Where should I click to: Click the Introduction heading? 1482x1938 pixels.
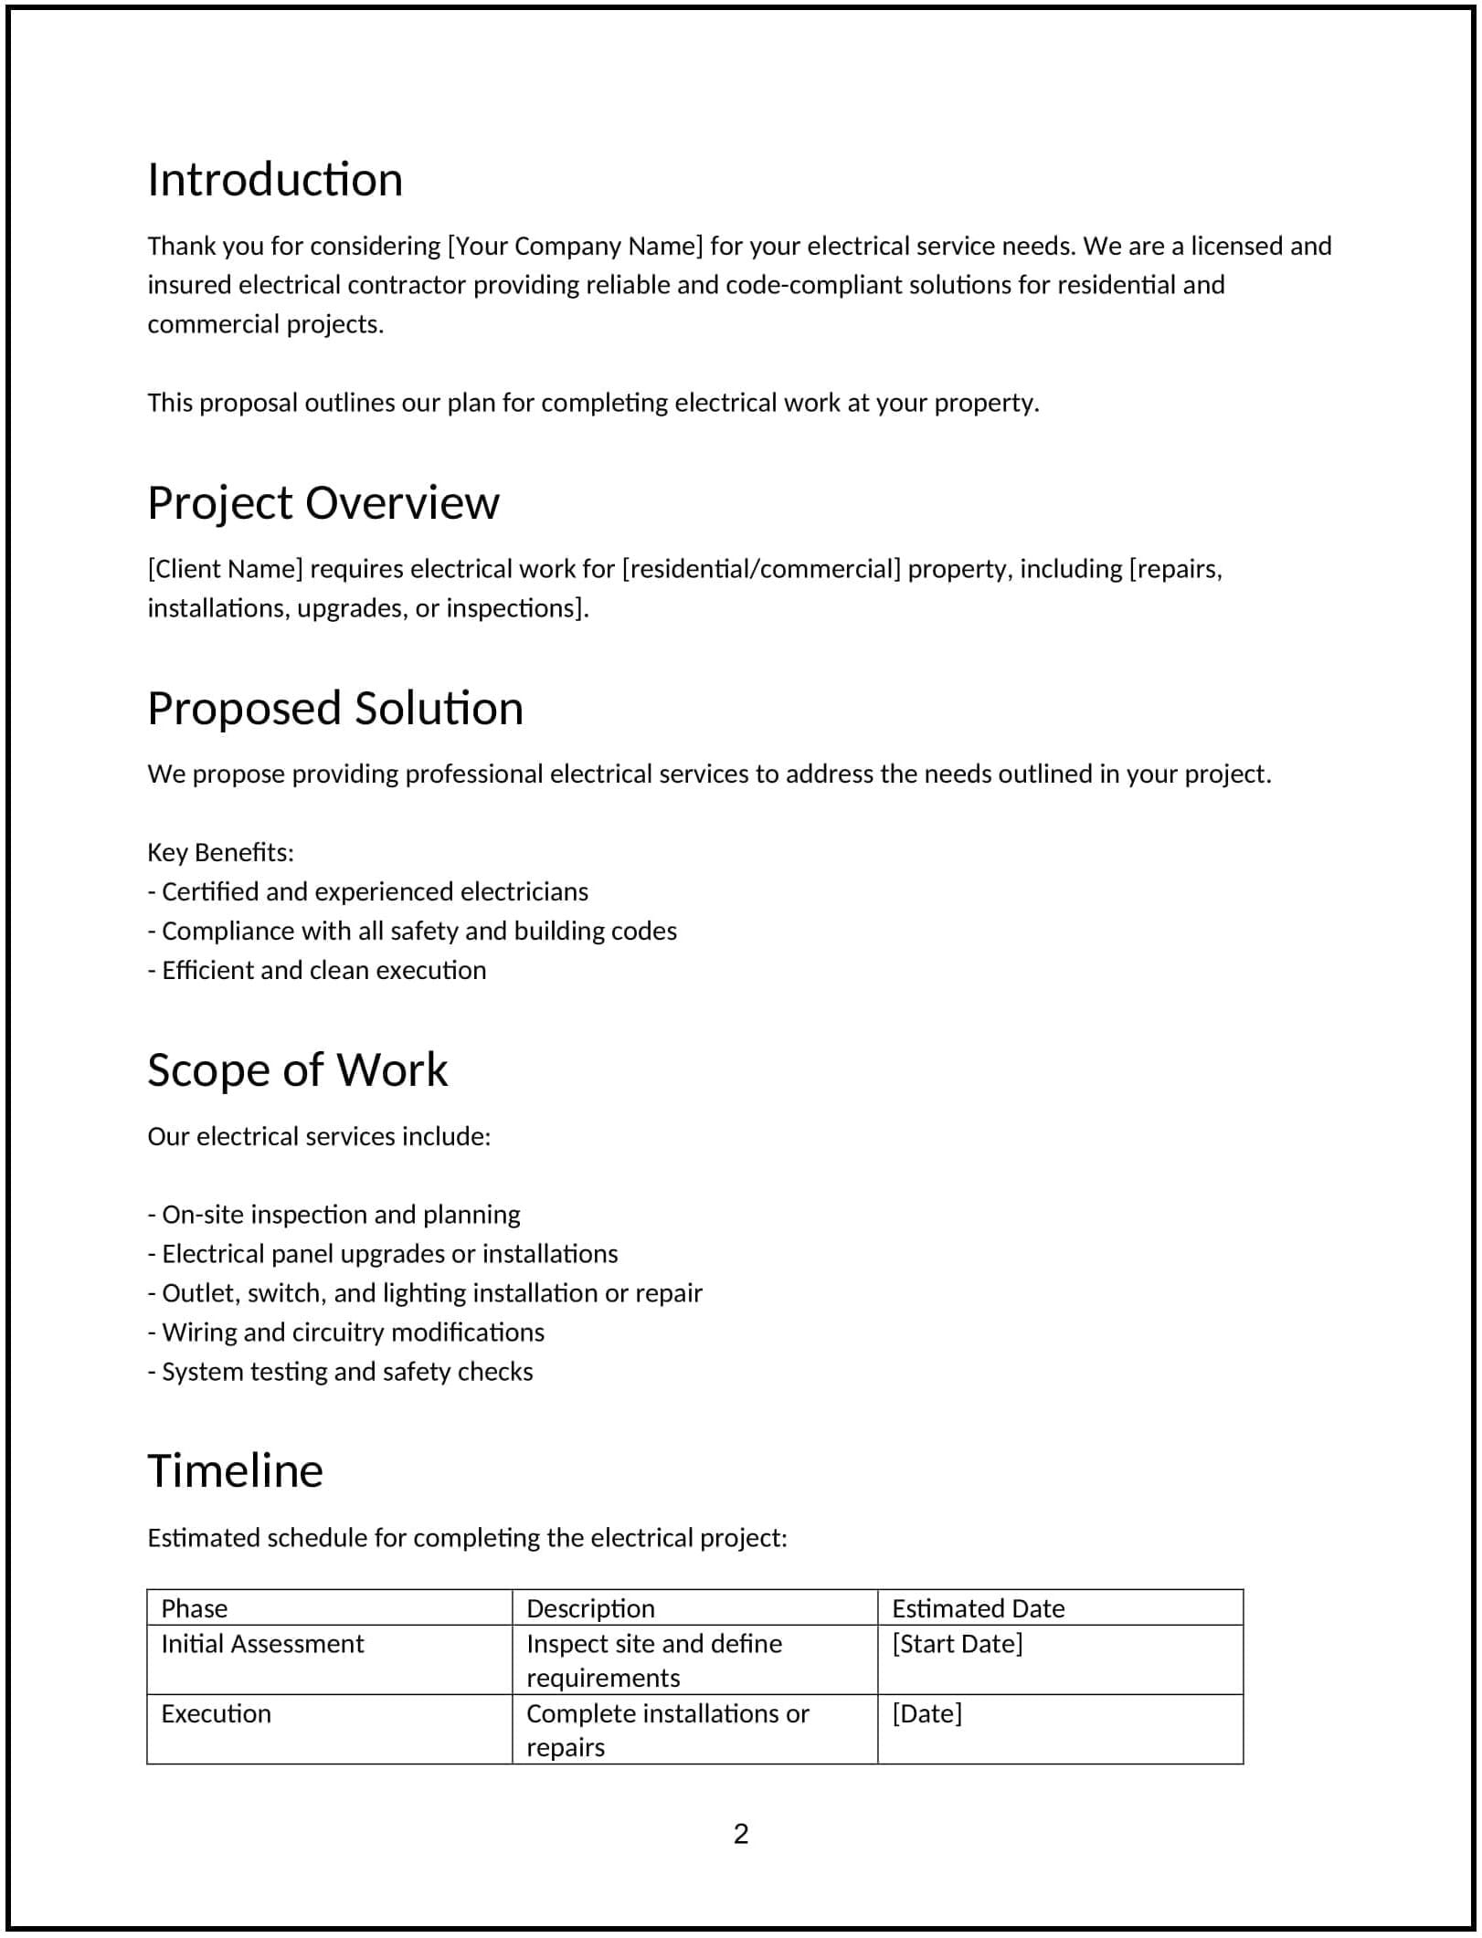pos(275,180)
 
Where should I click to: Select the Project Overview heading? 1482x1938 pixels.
pos(323,503)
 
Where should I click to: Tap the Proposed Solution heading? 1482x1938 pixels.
pos(335,709)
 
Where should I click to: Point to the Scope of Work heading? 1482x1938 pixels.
pos(298,1070)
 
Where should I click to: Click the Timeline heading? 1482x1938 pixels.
pos(236,1471)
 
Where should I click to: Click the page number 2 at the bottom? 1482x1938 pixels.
pos(741,1834)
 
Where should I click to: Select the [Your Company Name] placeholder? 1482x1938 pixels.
pos(575,247)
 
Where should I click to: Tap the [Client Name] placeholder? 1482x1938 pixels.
pos(225,569)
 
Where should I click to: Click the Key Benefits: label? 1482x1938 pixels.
pos(220,853)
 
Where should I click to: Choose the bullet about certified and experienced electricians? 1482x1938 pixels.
pos(368,892)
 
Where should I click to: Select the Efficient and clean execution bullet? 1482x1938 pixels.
pos(317,971)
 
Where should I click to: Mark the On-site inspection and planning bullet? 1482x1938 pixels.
pos(334,1215)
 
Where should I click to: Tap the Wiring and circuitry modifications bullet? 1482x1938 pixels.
pos(346,1332)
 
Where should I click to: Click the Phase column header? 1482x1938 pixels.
pos(195,1608)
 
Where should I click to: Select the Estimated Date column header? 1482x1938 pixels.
pos(978,1608)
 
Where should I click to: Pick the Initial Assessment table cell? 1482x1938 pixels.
pos(262,1644)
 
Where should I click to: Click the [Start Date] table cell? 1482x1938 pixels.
pos(957,1644)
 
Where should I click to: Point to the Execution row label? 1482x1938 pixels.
pos(217,1713)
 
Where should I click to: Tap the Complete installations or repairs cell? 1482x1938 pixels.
pos(667,1730)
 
